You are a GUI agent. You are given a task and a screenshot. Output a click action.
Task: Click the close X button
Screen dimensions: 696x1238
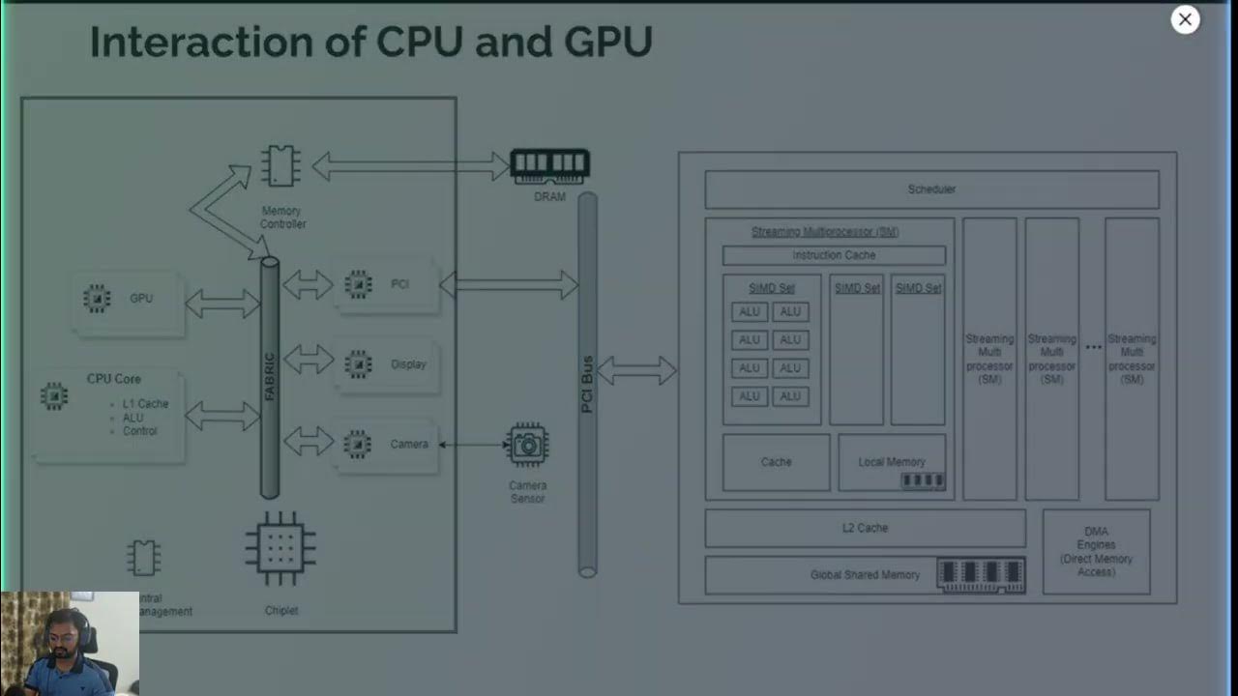pos(1185,19)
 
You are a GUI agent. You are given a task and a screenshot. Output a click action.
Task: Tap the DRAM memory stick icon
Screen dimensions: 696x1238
pos(549,166)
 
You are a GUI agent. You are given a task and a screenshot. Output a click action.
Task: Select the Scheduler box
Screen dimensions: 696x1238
pos(931,189)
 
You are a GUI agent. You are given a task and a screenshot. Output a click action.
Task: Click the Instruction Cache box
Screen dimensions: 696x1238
pos(834,255)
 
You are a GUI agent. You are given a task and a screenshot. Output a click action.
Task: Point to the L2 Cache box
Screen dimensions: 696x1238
pos(865,528)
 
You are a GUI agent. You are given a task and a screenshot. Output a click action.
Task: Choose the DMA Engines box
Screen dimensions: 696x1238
pos(1096,551)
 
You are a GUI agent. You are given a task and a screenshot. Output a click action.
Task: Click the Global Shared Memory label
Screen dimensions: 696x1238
pos(865,575)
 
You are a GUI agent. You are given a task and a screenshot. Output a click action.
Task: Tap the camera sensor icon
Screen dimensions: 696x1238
pos(527,445)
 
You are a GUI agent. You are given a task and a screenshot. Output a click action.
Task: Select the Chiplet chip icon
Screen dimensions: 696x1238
pos(280,548)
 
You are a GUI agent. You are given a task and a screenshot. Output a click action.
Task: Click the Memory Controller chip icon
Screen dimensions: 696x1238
pos(280,166)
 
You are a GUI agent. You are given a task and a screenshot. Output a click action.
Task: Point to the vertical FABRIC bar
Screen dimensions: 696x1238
pos(270,377)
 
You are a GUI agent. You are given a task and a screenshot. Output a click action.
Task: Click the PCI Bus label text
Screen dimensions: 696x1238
pos(587,385)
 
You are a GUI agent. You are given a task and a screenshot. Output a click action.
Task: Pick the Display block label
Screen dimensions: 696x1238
pos(408,364)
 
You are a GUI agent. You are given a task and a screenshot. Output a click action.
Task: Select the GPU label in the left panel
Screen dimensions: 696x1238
pos(141,299)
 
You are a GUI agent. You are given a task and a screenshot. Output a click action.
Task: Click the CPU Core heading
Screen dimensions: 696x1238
pos(114,379)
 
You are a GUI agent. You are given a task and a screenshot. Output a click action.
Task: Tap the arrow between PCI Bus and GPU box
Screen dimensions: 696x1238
pos(637,370)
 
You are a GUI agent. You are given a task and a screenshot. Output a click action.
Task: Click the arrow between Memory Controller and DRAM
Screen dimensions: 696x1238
pos(410,166)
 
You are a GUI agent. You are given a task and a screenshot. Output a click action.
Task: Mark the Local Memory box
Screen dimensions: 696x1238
pos(891,462)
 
